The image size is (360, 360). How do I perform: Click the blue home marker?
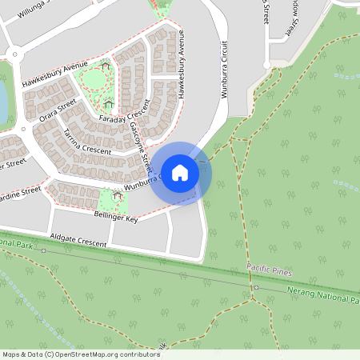[180, 171]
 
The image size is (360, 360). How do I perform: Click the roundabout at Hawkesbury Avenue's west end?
[14, 54]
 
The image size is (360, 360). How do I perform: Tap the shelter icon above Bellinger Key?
[118, 194]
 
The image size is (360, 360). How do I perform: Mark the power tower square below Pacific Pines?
[255, 286]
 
